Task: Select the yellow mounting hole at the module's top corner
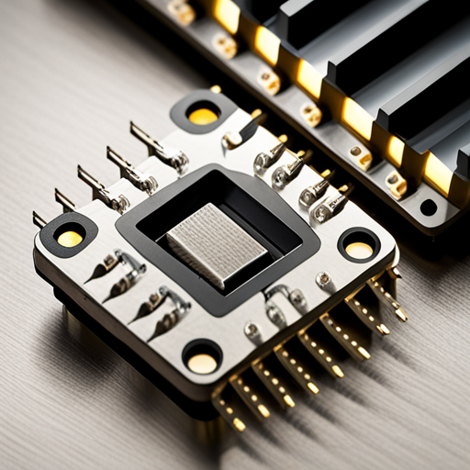pos(202,116)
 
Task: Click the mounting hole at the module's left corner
pos(70,238)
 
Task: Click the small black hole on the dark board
pos(428,207)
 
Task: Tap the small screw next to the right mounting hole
pos(323,279)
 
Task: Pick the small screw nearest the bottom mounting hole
pos(251,329)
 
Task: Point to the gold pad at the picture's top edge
pos(182,11)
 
